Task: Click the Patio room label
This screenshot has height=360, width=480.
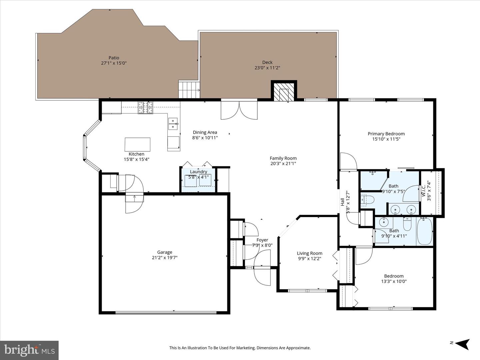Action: pos(114,58)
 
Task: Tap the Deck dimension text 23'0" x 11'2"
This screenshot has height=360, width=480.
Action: pos(267,68)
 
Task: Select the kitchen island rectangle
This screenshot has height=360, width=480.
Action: pos(137,144)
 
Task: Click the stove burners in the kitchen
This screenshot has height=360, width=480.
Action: pos(146,107)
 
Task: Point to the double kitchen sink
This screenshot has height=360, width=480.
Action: pos(173,123)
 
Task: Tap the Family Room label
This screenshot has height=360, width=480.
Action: pos(283,158)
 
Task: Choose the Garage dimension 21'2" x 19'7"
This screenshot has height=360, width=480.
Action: pos(165,257)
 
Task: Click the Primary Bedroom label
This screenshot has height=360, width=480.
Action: pos(386,134)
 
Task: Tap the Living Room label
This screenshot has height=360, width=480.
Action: pos(309,253)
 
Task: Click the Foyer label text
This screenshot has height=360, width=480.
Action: pos(262,240)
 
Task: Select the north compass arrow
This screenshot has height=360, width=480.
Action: pos(463,343)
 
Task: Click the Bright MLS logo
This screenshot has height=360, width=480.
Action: pos(29,350)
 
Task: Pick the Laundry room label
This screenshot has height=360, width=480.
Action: pos(198,172)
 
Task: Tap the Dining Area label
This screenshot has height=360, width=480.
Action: pos(205,132)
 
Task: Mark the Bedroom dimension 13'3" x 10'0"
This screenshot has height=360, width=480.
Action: pos(394,281)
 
